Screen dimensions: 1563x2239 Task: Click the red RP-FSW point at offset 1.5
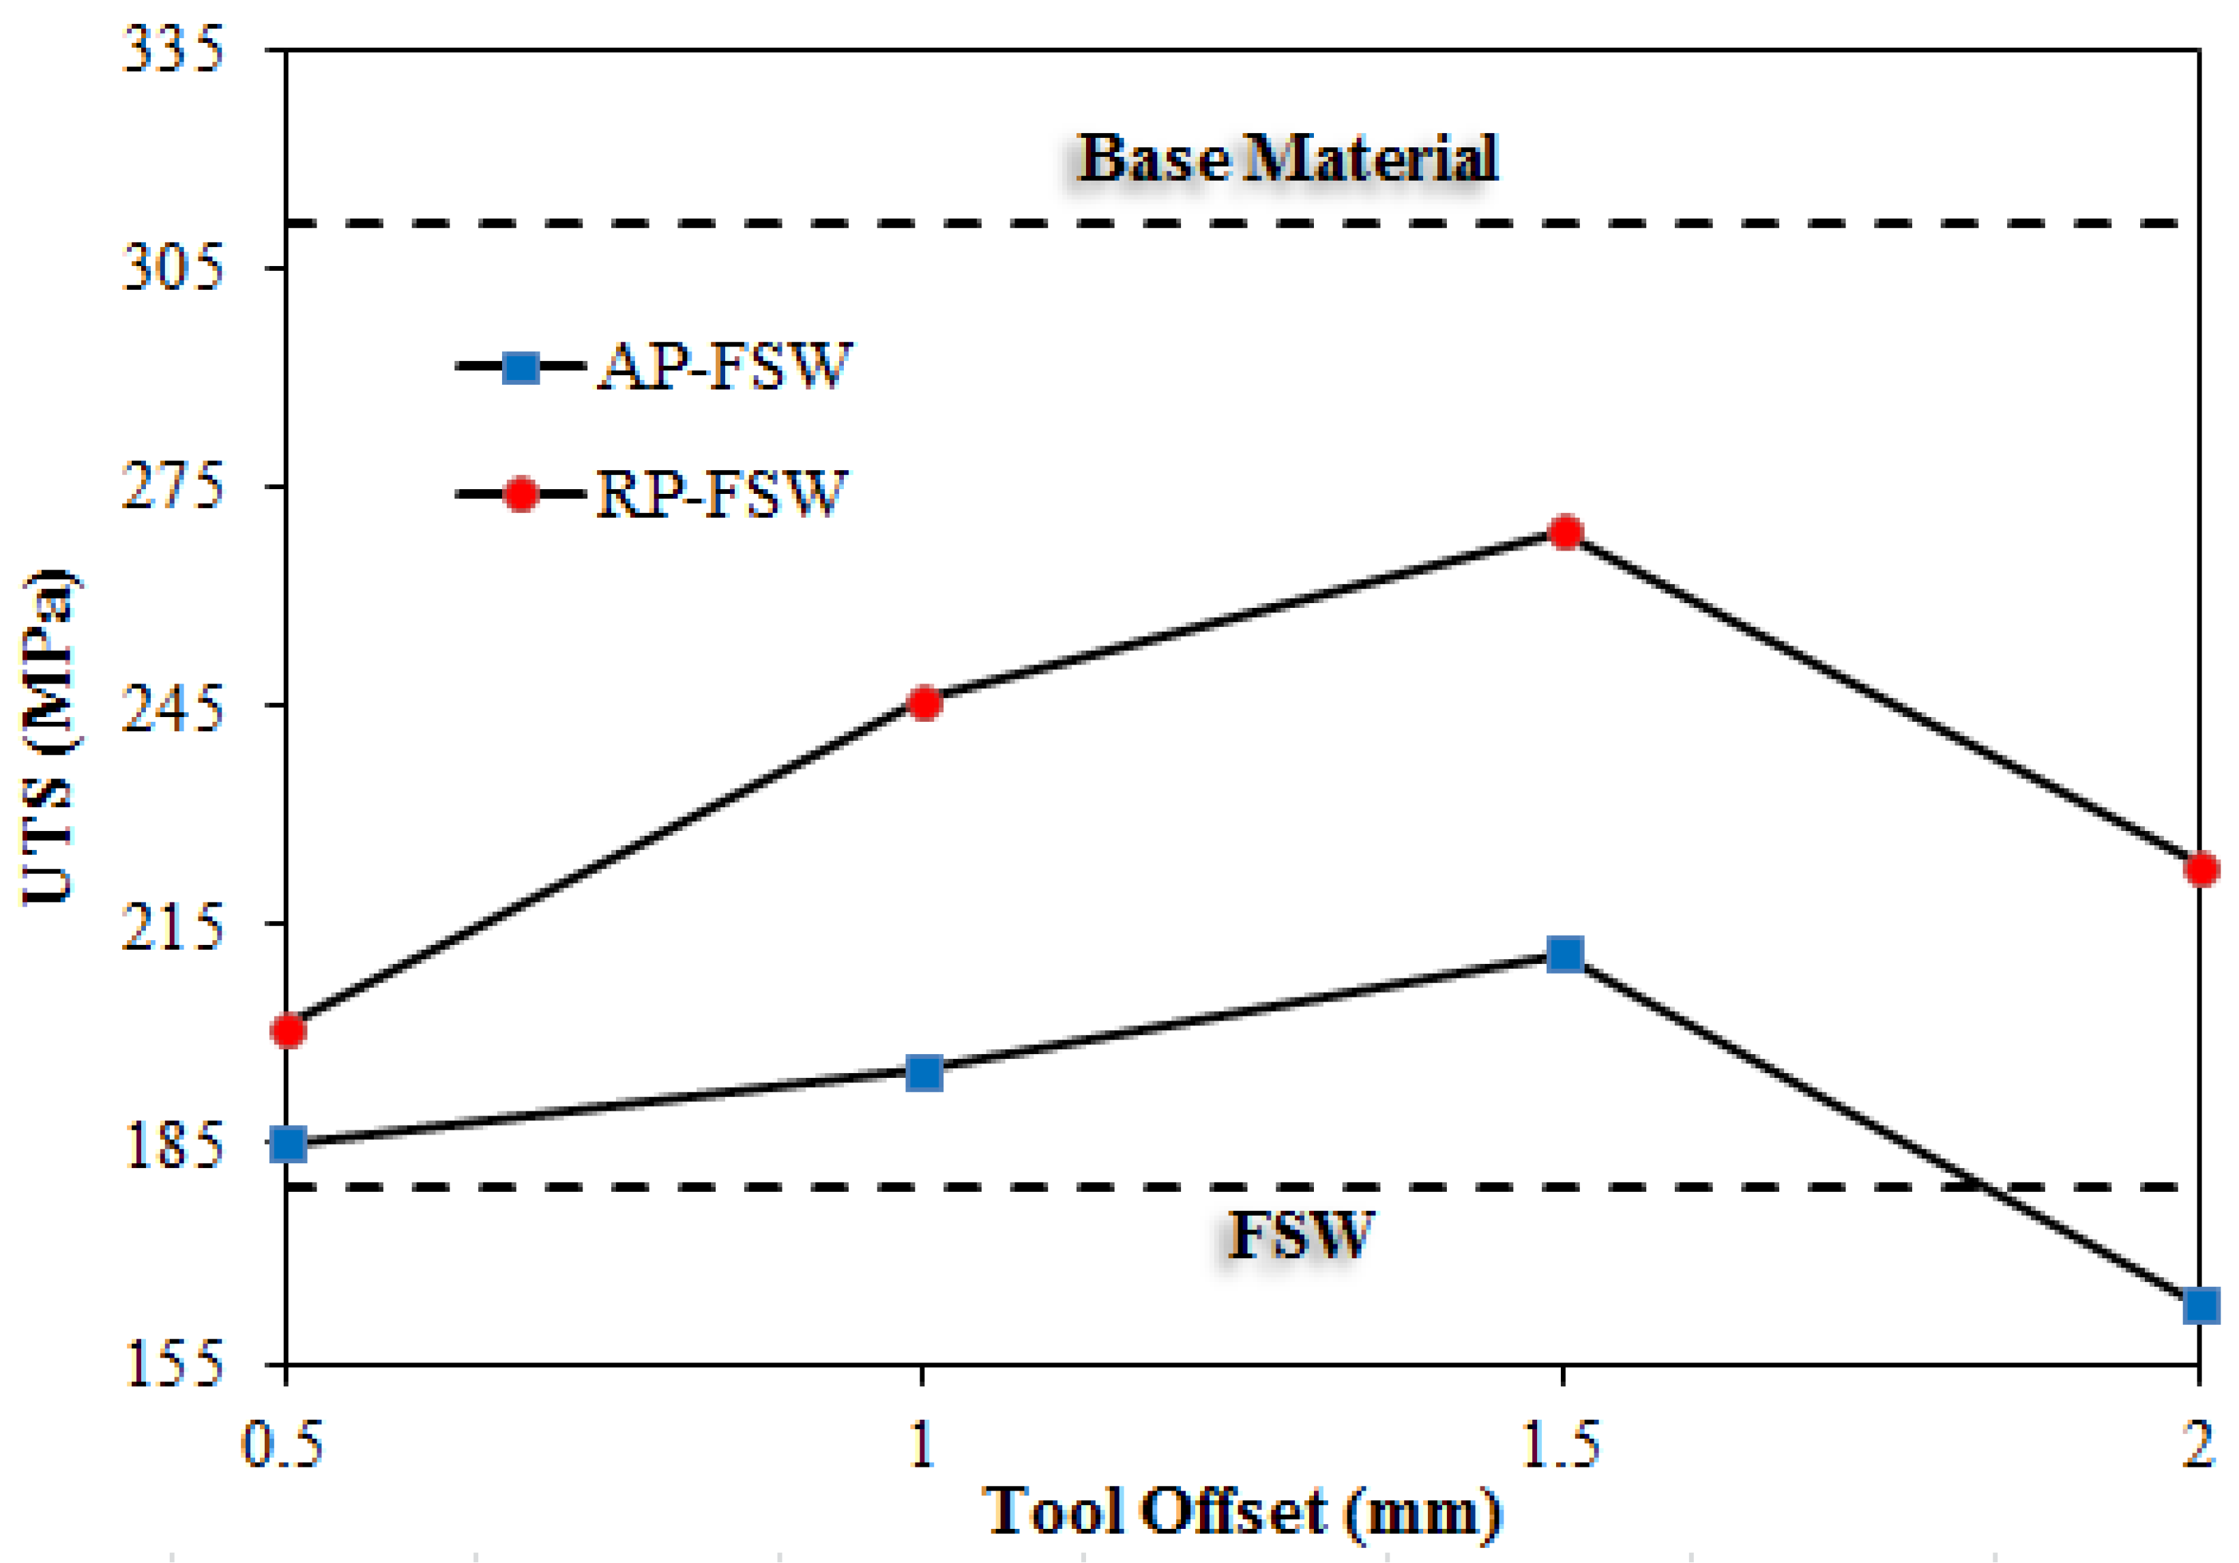click(1565, 532)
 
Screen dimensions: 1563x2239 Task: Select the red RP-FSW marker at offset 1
click(924, 703)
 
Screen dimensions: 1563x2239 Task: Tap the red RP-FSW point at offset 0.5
click(289, 1031)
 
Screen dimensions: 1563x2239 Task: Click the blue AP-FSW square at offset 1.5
click(1565, 954)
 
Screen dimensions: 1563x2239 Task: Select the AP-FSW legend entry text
click(725, 368)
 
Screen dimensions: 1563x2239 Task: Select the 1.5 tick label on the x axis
click(1562, 1445)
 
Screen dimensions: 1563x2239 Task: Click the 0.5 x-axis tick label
click(282, 1445)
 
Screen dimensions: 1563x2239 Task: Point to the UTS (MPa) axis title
click(48, 736)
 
